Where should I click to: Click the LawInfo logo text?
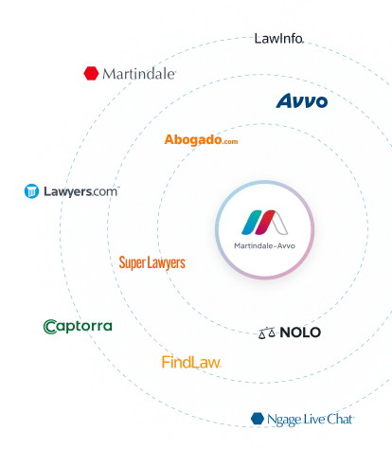coord(279,39)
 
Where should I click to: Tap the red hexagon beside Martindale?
coord(91,73)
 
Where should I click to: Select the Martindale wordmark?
coord(139,74)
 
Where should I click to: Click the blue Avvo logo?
coord(302,100)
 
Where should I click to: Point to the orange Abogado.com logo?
coord(201,139)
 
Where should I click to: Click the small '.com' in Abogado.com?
coord(230,142)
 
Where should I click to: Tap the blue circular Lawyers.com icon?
coord(31,191)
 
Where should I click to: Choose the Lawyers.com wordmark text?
coord(81,191)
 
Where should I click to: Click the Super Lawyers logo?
coord(152,262)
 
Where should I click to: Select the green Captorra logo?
coord(78,327)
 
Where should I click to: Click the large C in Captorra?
coord(50,327)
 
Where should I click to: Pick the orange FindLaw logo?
coord(191,362)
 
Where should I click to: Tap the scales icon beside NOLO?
coord(267,332)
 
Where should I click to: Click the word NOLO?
coord(300,332)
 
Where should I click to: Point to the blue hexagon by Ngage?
coord(258,419)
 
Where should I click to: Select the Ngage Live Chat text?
coord(311,420)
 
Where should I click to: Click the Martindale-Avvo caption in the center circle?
coord(264,245)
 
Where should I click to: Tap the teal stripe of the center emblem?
coord(252,223)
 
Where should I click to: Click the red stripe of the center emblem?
coord(265,223)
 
